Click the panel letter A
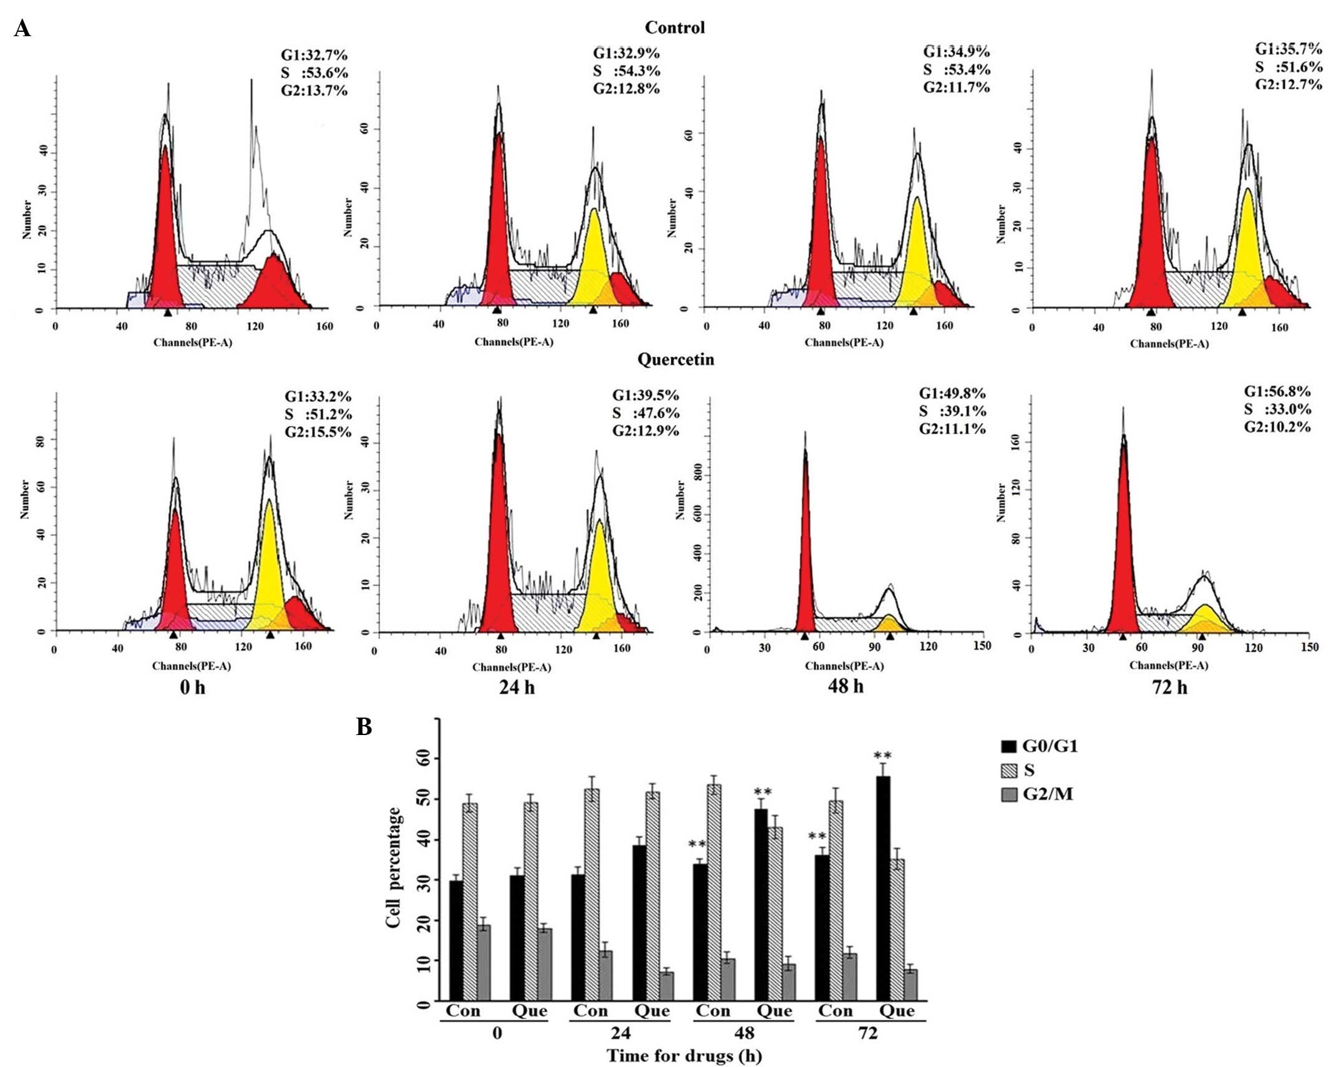(x=22, y=28)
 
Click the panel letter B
(x=364, y=727)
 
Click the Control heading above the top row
(x=675, y=27)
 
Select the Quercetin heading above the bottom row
(x=675, y=359)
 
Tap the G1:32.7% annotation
(x=314, y=55)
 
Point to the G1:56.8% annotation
(x=1277, y=391)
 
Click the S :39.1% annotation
(x=952, y=411)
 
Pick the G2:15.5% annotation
(x=318, y=432)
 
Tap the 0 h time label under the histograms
(x=192, y=687)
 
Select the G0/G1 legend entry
(x=1039, y=746)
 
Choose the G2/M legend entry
(x=1039, y=794)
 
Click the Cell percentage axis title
(x=393, y=867)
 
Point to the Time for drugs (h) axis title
(x=685, y=1056)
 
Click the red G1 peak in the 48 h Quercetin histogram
(x=806, y=543)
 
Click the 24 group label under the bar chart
(x=620, y=1033)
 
